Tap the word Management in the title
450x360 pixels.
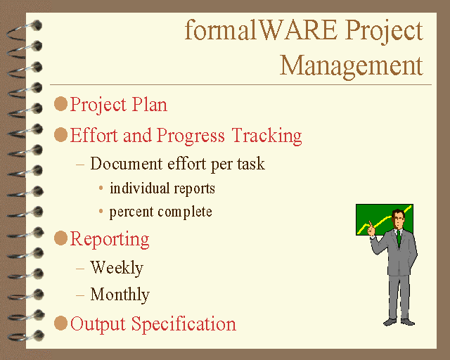[x=352, y=65]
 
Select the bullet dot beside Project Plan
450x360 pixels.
[x=60, y=103]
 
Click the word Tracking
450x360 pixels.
[x=266, y=136]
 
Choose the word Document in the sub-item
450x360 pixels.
[x=127, y=164]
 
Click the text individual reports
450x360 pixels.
[x=162, y=188]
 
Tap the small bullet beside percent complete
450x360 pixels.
[x=101, y=212]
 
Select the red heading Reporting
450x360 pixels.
[x=110, y=239]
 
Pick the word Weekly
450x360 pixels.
[x=117, y=268]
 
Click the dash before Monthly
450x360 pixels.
[x=80, y=295]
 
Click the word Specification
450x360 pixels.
[x=184, y=324]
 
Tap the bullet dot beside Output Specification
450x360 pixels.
[x=60, y=323]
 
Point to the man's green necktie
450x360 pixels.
[x=399, y=238]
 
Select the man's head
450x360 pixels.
[x=398, y=219]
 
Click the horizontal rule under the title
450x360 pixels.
[x=240, y=84]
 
